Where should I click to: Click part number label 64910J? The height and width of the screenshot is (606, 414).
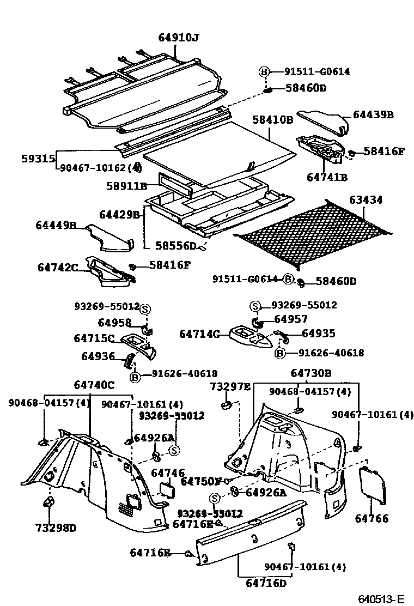coord(178,38)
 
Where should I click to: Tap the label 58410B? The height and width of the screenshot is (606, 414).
coord(272,119)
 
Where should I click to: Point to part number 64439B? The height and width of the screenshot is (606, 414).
coord(373,115)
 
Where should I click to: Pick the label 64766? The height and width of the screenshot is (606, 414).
coord(372,518)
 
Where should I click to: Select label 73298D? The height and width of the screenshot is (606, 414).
coord(56,528)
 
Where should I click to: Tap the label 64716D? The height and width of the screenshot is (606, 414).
coord(266,584)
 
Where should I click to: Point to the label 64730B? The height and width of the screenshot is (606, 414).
coord(310,373)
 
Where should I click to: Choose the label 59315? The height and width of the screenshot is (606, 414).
coord(38,159)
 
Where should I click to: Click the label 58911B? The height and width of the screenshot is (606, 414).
coord(127,186)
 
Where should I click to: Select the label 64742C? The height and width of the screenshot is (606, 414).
coord(58,267)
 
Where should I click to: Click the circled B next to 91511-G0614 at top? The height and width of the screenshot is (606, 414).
coord(264,71)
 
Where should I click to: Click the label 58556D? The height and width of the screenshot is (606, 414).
coord(176,246)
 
